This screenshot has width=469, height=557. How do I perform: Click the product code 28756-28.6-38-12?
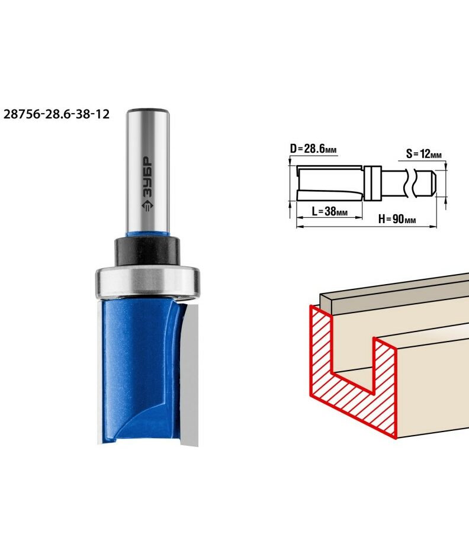56,114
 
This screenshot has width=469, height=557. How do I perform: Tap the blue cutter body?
142,371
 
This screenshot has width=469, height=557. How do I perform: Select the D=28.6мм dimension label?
313,149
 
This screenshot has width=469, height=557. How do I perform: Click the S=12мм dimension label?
424,154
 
